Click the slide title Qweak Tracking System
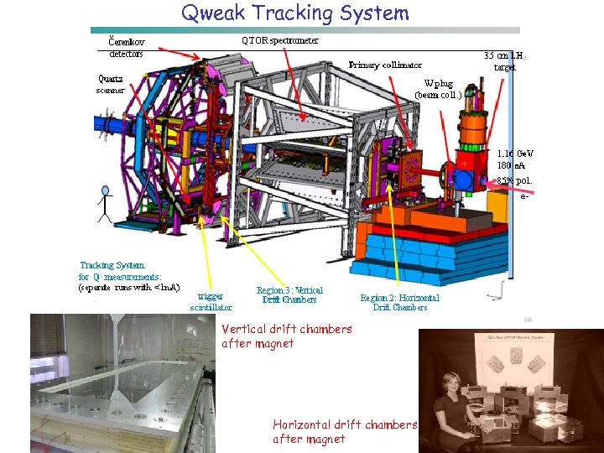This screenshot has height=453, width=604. [295, 13]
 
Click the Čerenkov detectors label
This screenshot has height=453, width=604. [127, 46]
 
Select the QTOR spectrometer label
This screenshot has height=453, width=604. [279, 40]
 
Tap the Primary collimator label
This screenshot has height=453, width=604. [385, 65]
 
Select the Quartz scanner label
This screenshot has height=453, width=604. [111, 85]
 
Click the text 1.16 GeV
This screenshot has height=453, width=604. [514, 154]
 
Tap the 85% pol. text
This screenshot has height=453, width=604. [514, 180]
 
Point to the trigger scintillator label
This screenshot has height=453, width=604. [211, 301]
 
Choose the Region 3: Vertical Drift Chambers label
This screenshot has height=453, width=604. [289, 295]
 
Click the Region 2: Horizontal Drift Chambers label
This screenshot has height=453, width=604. [399, 302]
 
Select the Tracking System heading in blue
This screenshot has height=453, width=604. [112, 265]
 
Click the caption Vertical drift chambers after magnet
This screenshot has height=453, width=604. [287, 336]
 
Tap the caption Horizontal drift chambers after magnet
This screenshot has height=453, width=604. [345, 431]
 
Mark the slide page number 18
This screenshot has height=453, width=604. [528, 319]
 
